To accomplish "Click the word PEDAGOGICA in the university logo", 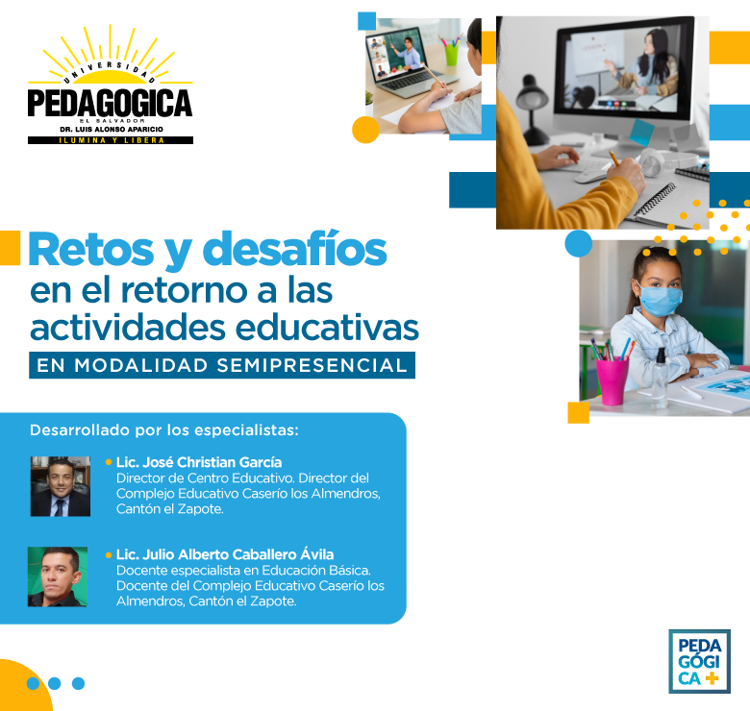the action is [x=110, y=103].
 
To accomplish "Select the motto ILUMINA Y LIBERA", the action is [x=111, y=140].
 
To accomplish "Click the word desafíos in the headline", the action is [x=294, y=250].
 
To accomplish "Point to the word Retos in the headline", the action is [x=91, y=250].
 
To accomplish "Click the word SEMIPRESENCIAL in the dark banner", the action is [x=312, y=365].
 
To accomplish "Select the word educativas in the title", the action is [x=327, y=328].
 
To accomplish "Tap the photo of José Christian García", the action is [x=61, y=486].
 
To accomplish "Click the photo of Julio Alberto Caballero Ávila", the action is [x=58, y=576].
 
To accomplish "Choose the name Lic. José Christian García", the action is [x=199, y=462].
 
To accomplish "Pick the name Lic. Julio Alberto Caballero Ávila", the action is [x=225, y=554].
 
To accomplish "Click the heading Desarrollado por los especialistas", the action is [x=164, y=430].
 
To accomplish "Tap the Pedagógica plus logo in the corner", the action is [x=699, y=661].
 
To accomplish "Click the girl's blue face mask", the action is [x=660, y=300].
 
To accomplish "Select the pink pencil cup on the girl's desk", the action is [x=612, y=381].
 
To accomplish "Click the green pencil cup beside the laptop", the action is [x=451, y=55].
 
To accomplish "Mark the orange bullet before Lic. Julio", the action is [x=109, y=554].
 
